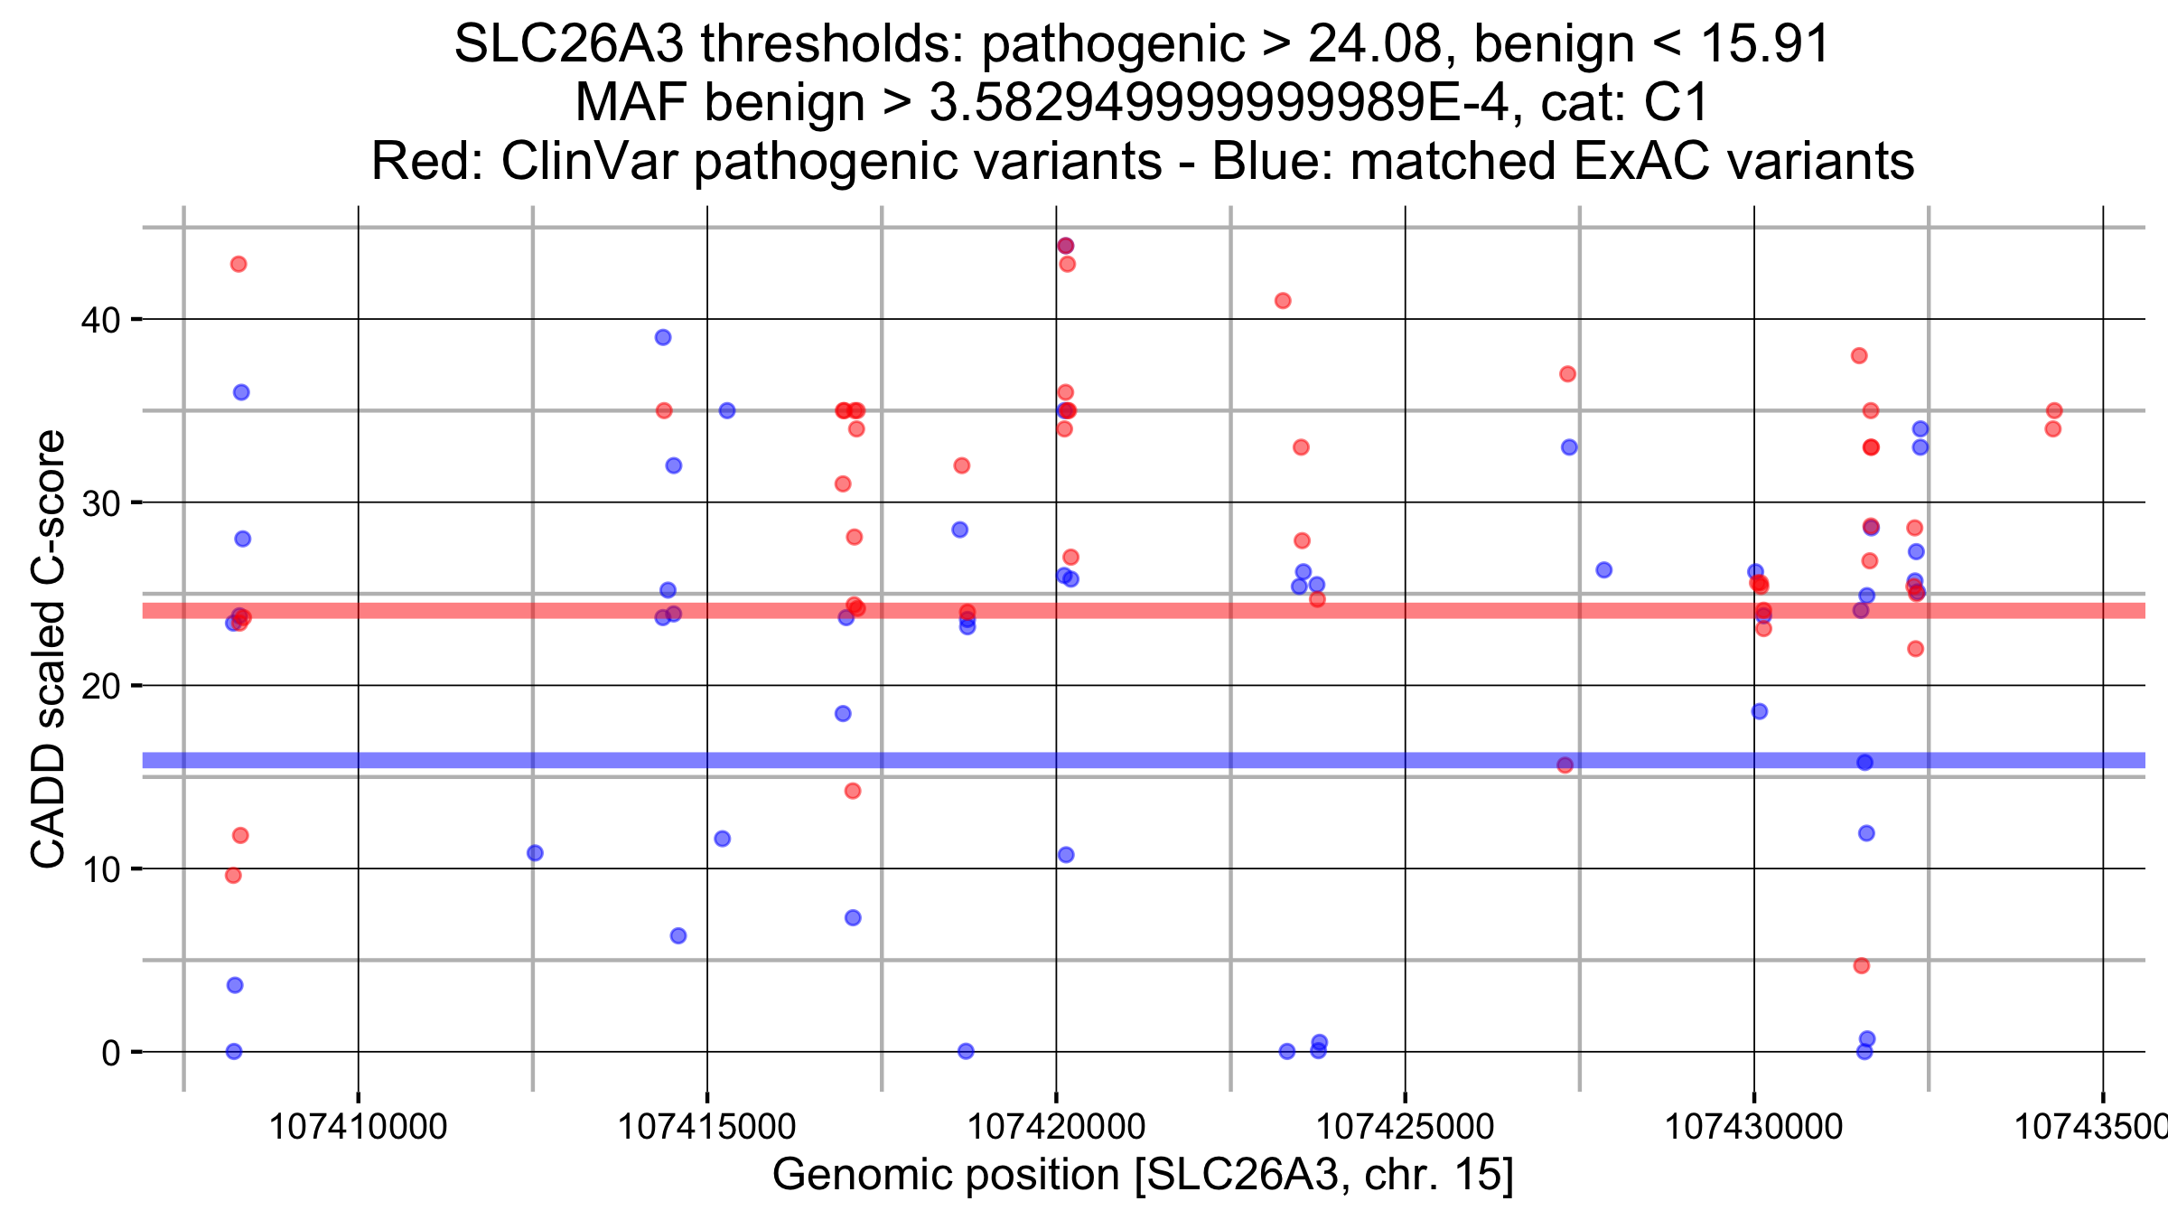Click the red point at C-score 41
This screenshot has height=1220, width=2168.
pos(1283,301)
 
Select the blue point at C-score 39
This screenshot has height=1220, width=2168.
pos(663,338)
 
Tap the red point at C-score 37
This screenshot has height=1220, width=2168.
pos(1567,374)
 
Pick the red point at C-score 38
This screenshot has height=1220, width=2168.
pos(1859,356)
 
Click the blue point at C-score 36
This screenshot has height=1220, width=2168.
pos(241,392)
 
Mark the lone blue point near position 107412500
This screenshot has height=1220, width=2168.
pos(535,853)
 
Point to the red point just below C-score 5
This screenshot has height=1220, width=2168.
pos(1861,966)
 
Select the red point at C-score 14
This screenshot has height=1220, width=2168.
pos(853,791)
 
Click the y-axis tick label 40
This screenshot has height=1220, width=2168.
pos(100,320)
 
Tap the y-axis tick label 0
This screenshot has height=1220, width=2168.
pos(110,1053)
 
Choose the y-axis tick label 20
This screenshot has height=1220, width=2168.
pos(100,687)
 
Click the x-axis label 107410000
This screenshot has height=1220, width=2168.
pos(359,1127)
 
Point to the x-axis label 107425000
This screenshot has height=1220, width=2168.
pos(1405,1127)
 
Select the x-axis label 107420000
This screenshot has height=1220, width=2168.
pos(1056,1127)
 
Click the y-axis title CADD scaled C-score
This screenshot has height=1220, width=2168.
pos(48,648)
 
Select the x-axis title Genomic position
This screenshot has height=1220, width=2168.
pos(945,1175)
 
